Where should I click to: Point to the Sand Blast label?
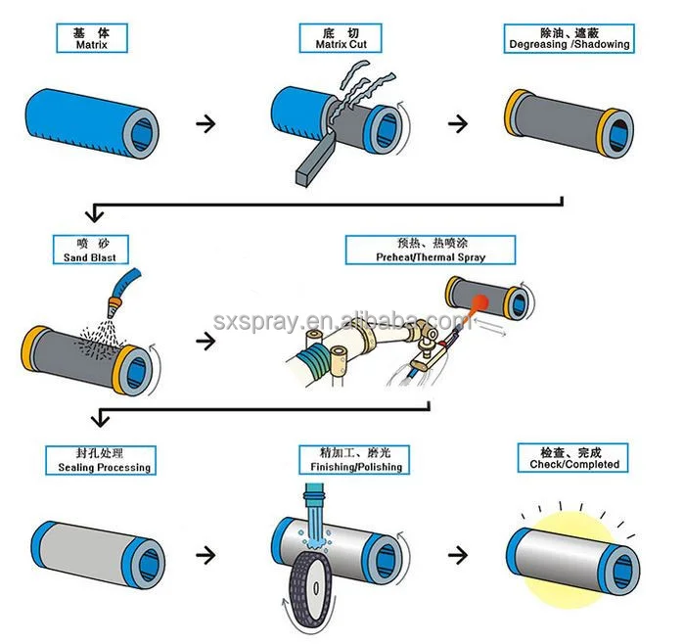[89, 251]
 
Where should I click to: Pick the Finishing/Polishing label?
[355, 461]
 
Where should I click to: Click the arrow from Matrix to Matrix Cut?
[205, 124]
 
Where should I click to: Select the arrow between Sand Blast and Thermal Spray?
[205, 341]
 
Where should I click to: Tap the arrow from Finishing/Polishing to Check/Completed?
[457, 554]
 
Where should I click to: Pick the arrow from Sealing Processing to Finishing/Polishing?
[205, 554]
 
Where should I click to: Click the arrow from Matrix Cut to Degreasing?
[457, 124]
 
